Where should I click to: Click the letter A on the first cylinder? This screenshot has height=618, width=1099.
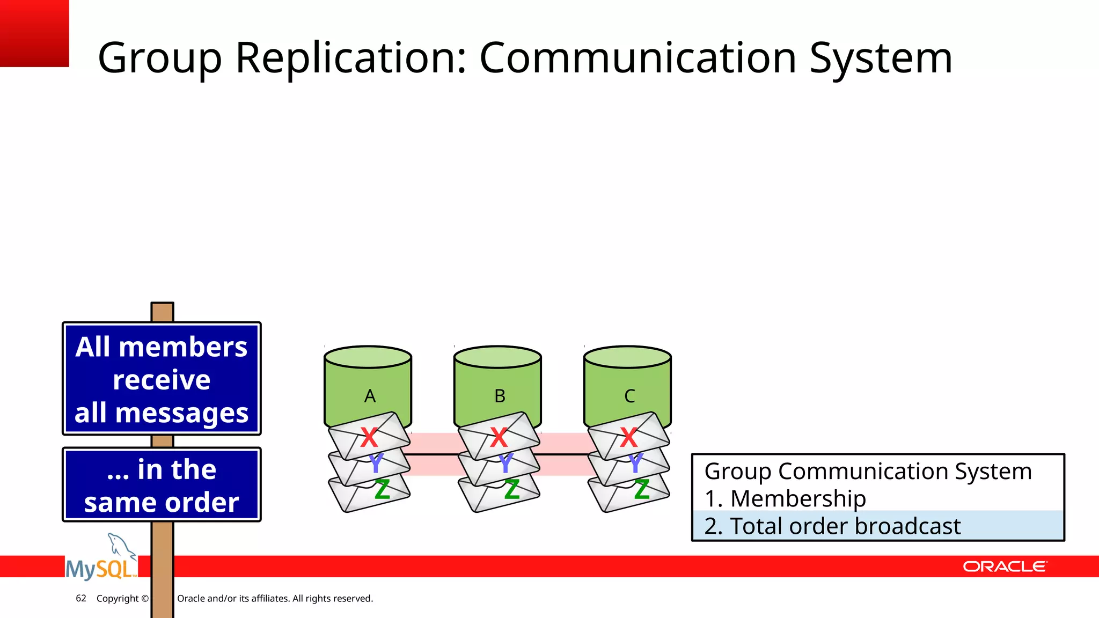click(x=370, y=396)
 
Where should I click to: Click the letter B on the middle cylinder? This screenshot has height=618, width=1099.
click(x=500, y=396)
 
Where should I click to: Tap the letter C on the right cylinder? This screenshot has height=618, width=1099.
click(x=629, y=396)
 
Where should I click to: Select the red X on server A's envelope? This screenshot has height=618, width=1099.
click(x=369, y=437)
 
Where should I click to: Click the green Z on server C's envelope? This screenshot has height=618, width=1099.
click(x=642, y=489)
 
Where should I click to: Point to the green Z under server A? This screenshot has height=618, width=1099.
click(x=382, y=489)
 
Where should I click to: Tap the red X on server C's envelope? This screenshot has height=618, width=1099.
click(x=628, y=437)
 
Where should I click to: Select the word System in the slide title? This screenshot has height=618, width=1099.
click(x=881, y=58)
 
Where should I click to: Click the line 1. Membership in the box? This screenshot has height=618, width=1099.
click(x=785, y=498)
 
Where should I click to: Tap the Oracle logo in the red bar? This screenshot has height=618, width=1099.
click(x=1004, y=566)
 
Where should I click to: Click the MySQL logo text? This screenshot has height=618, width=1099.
click(x=100, y=569)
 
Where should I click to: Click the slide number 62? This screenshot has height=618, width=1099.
click(x=81, y=598)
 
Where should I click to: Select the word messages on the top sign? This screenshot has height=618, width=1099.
click(x=182, y=413)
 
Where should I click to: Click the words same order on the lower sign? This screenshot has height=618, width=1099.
click(x=162, y=503)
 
